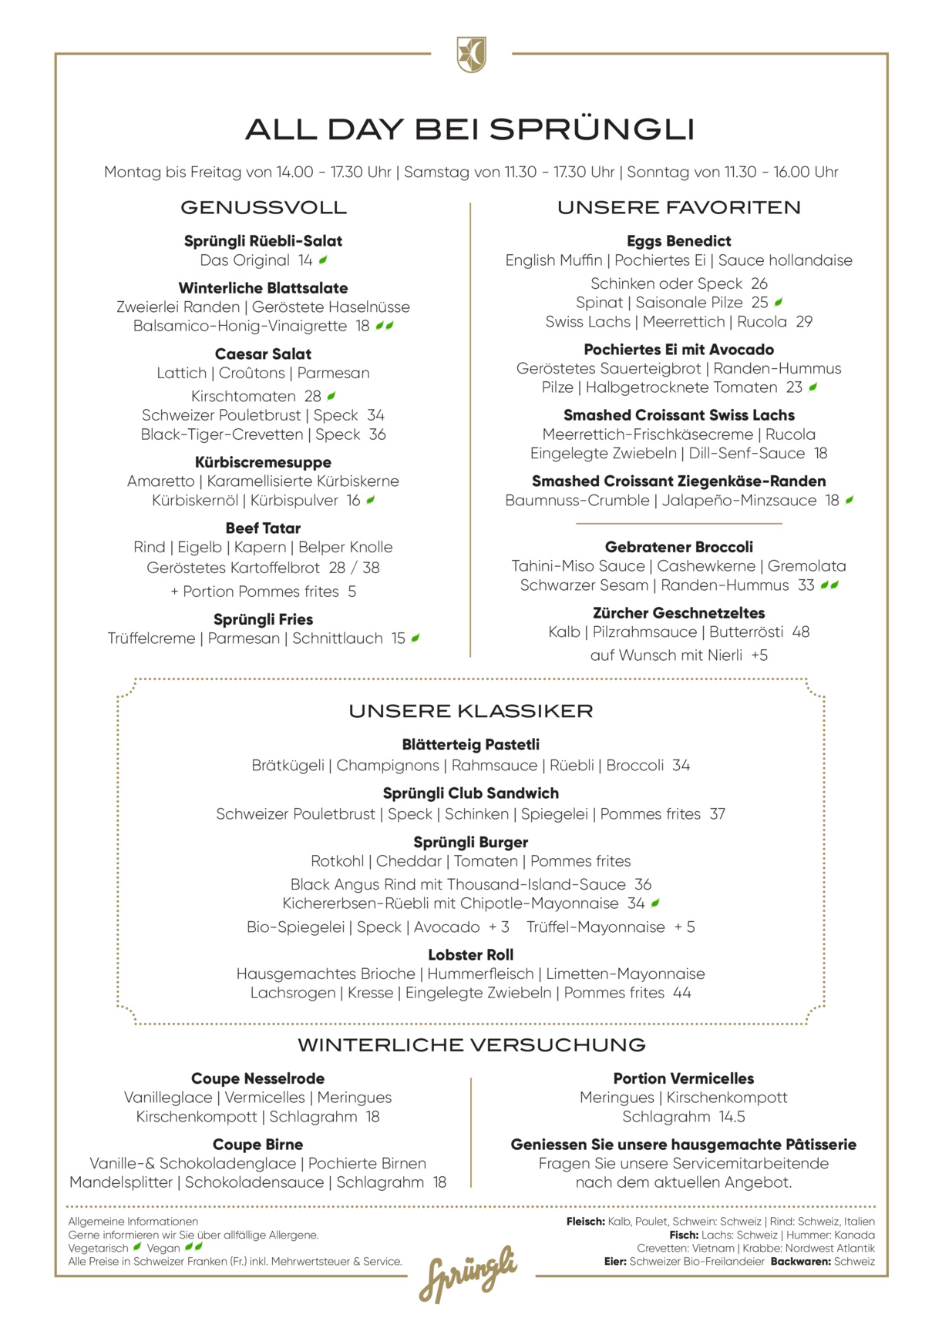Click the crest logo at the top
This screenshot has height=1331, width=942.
471,54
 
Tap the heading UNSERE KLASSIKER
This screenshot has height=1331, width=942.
470,711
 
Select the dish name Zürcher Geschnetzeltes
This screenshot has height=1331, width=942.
678,613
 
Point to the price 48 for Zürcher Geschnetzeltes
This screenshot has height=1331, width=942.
801,632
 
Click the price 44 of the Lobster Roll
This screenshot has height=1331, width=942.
681,993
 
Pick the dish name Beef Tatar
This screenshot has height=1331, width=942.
263,528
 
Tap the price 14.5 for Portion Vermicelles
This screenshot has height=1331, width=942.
732,1117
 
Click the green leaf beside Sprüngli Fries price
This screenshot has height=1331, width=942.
415,639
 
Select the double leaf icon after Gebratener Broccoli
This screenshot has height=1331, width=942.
829,585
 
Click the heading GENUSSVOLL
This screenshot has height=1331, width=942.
263,207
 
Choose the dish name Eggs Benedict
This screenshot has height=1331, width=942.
678,241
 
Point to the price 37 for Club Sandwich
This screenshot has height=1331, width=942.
717,814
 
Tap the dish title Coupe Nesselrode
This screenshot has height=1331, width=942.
257,1078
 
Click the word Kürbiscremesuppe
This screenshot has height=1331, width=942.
263,462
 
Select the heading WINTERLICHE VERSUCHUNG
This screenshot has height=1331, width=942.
471,1045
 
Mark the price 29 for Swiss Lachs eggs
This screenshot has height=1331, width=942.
804,322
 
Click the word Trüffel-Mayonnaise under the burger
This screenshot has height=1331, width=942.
595,927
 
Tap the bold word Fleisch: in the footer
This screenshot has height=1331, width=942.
585,1222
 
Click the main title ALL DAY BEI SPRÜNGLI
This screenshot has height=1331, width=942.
470,129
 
